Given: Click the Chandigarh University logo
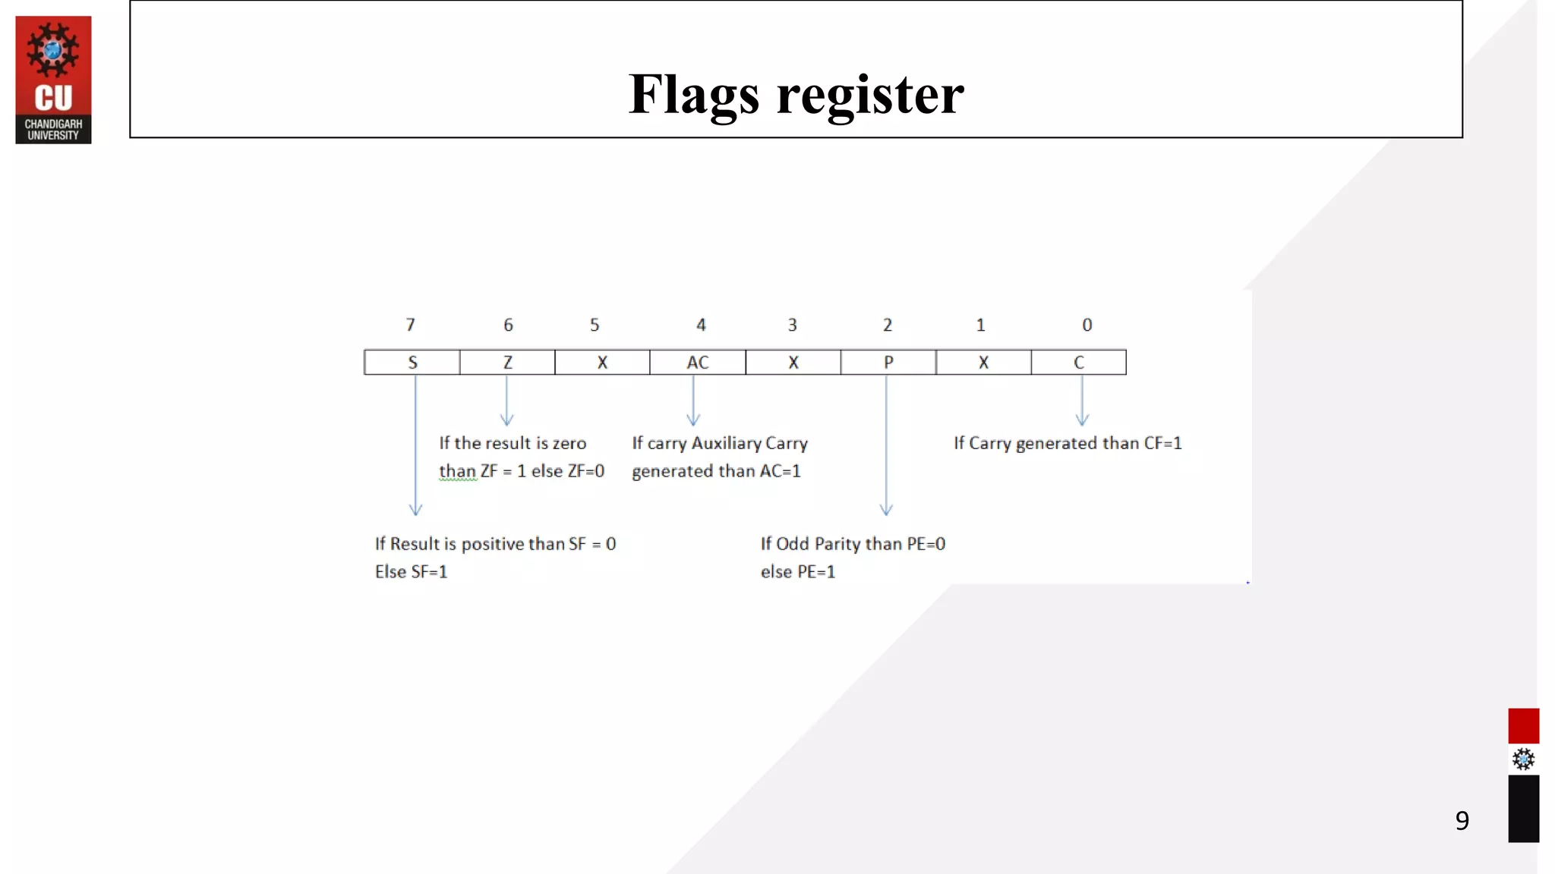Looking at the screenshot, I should click(x=53, y=80).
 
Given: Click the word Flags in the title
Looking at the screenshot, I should click(x=693, y=94).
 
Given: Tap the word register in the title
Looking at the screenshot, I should click(x=870, y=94).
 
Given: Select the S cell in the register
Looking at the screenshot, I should click(x=412, y=363).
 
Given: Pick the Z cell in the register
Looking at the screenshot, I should click(x=507, y=363).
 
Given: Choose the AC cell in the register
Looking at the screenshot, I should click(x=698, y=363).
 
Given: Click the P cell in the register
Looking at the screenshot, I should click(x=888, y=363).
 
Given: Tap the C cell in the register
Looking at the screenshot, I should click(x=1079, y=363).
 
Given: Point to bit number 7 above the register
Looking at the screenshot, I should click(x=411, y=325).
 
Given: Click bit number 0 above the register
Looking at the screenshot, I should click(x=1087, y=325).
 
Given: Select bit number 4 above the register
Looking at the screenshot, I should click(x=701, y=325).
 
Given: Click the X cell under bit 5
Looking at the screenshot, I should click(x=602, y=363).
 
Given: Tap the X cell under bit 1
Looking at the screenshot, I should click(x=983, y=363).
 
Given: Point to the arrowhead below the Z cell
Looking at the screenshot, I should click(x=507, y=420).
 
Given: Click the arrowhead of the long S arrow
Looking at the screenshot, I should click(x=415, y=510).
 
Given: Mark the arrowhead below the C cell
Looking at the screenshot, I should click(x=1083, y=420).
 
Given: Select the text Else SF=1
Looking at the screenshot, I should click(x=411, y=572).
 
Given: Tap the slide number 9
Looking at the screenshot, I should click(x=1462, y=820).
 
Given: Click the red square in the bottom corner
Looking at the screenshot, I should click(x=1523, y=726).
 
